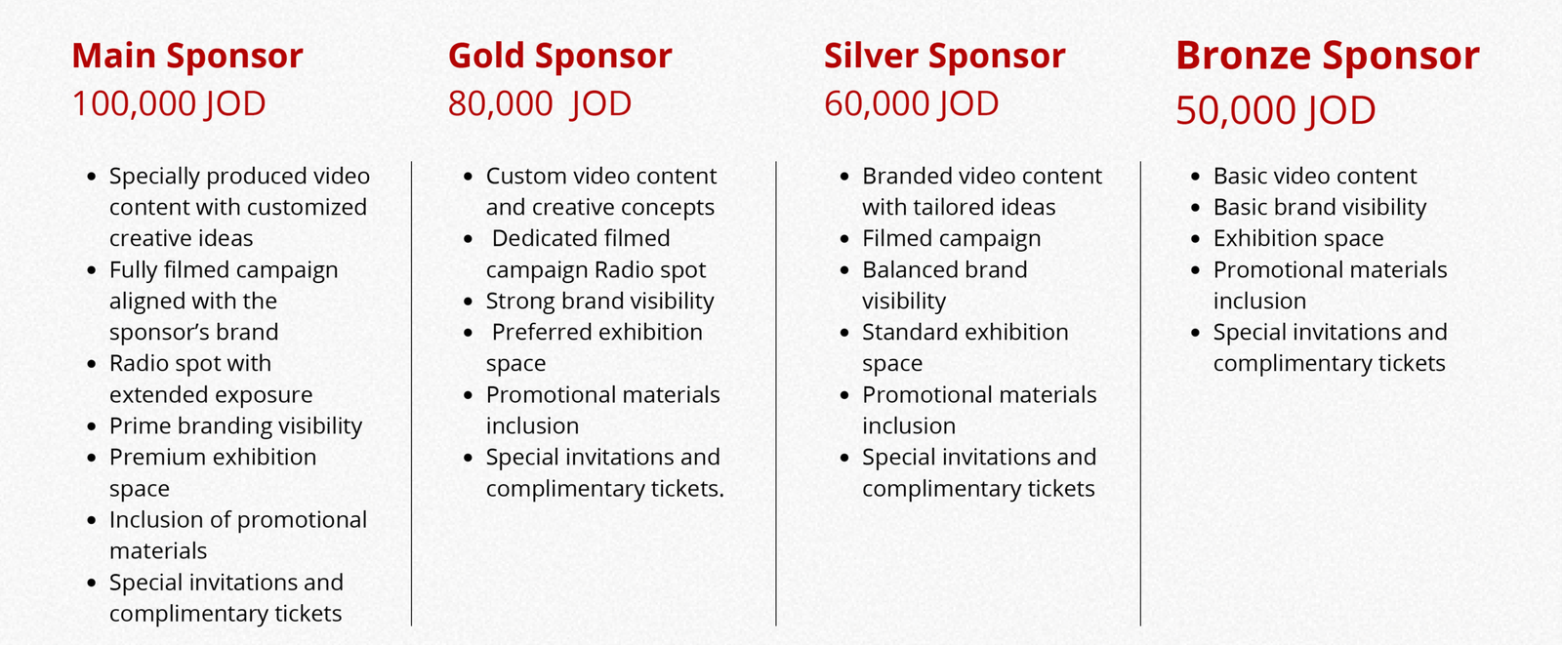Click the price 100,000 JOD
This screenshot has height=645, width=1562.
tap(169, 104)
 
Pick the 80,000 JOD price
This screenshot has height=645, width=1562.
tap(540, 104)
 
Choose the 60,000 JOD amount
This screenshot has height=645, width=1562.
tap(912, 104)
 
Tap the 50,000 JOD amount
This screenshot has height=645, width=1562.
tap(1275, 111)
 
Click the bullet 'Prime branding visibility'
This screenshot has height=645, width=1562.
tap(235, 426)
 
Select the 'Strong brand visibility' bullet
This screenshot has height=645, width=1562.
tap(599, 302)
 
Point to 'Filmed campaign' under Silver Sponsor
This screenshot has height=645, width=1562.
tap(951, 239)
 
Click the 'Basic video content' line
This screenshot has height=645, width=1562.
tap(1315, 177)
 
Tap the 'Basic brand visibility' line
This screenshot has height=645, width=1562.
tap(1320, 208)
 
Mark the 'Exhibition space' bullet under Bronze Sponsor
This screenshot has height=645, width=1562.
tap(1298, 239)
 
